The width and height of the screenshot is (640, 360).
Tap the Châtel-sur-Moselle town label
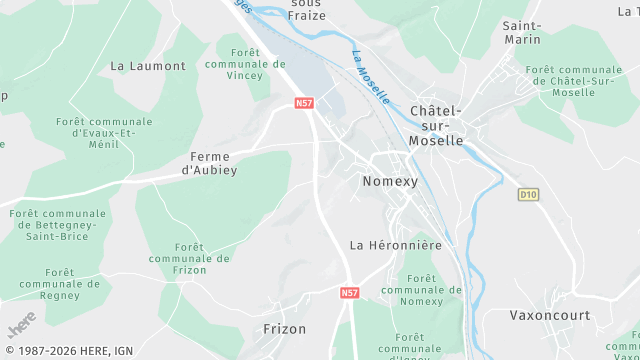(x=436, y=125)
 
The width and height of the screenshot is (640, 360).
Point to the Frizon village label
(x=284, y=328)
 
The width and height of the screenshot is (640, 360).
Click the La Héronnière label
(x=395, y=244)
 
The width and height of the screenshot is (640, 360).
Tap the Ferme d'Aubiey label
(x=210, y=163)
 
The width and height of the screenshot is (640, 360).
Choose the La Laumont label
(x=148, y=66)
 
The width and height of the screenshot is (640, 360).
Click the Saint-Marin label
(x=522, y=32)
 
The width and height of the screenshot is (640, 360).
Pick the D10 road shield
(x=528, y=193)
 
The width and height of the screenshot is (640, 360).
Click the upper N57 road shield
(x=304, y=102)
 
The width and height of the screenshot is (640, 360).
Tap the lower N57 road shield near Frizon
(x=349, y=293)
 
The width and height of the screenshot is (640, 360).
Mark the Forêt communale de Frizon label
(x=190, y=258)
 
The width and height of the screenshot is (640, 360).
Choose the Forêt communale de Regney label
(x=59, y=283)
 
